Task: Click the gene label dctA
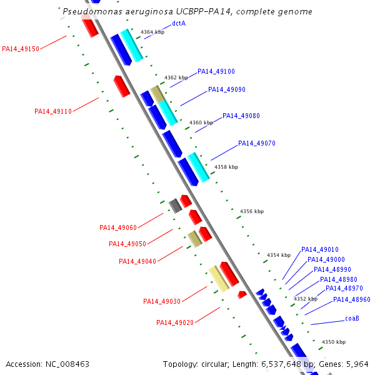(179, 24)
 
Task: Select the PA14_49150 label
(21, 49)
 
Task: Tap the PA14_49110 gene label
(52, 111)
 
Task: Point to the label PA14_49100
(216, 72)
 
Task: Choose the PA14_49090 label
(226, 90)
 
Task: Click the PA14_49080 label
(241, 116)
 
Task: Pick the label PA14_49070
(256, 144)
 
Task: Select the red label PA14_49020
(175, 322)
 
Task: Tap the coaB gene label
(352, 319)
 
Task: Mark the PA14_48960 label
(351, 300)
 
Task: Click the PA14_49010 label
(319, 250)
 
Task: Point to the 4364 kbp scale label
(152, 32)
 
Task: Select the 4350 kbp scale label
(333, 342)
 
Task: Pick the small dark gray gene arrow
(176, 206)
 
